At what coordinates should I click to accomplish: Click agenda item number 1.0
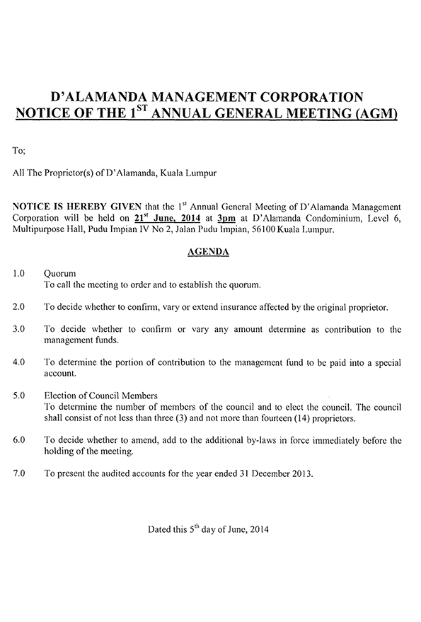click(19, 272)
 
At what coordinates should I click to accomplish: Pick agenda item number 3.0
click(19, 328)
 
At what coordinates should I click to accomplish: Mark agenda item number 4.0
click(19, 362)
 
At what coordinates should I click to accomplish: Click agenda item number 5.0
click(19, 395)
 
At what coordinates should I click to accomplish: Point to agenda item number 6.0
click(19, 439)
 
